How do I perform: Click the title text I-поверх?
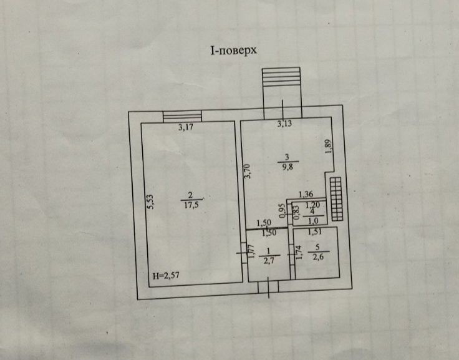coord(233,51)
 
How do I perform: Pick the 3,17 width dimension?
coord(186,129)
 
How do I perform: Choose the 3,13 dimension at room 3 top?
coord(284,124)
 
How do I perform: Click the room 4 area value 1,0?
coord(313,220)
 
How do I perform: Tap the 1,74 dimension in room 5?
coord(299,253)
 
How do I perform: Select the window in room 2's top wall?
coord(182,116)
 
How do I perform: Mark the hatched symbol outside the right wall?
coord(337,198)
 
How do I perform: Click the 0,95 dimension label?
coord(282,212)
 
